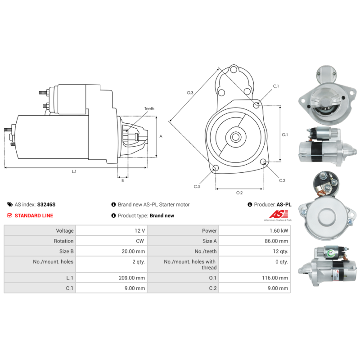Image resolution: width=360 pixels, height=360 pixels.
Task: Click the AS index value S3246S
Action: (46, 205)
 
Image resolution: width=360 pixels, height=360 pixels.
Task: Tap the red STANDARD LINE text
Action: (34, 216)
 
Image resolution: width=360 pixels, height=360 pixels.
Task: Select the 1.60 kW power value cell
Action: (254, 230)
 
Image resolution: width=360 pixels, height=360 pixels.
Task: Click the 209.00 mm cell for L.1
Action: (111, 278)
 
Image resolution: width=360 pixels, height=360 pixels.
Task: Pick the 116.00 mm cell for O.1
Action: (254, 278)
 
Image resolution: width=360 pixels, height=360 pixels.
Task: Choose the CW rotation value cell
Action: (111, 241)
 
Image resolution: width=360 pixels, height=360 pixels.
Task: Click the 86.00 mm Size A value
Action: (276, 241)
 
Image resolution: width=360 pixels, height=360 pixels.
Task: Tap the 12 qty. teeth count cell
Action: (254, 251)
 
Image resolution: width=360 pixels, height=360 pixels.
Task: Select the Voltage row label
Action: (65, 230)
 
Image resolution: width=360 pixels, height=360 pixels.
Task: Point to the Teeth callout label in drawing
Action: (149, 108)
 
